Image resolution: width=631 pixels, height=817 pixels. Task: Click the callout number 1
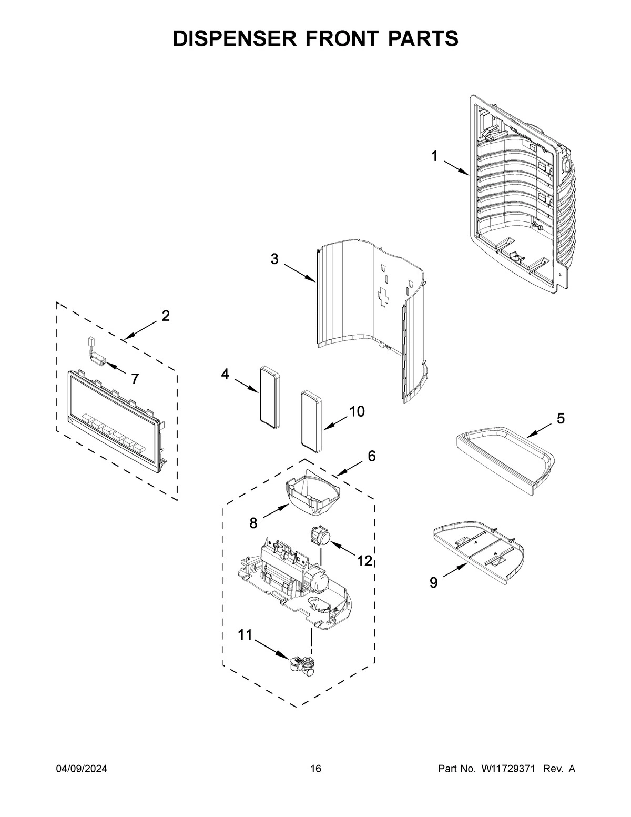(x=434, y=156)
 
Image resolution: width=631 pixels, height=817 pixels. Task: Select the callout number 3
(x=274, y=259)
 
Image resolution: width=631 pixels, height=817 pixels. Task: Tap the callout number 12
(x=364, y=561)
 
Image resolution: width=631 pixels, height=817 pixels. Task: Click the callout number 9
(x=433, y=582)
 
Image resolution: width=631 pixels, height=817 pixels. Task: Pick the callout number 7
(x=135, y=378)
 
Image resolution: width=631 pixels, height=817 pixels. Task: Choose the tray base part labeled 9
(x=479, y=552)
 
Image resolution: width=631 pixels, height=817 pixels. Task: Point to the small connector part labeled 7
(x=95, y=355)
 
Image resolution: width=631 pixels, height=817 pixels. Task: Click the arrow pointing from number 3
(x=300, y=273)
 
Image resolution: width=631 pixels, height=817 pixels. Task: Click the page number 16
(x=315, y=769)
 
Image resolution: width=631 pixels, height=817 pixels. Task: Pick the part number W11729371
(x=507, y=769)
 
